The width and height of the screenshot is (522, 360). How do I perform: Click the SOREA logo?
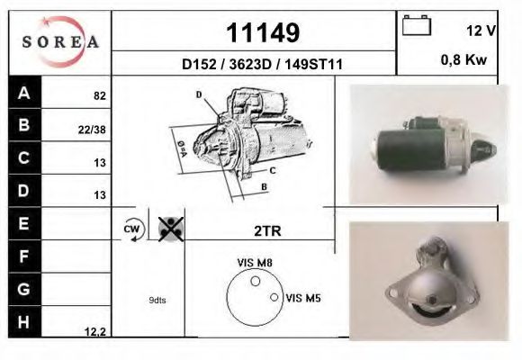59,42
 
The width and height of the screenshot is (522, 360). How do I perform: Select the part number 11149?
262,33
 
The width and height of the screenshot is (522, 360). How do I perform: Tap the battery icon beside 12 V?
417,26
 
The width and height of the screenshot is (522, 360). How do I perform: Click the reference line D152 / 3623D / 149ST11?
262,65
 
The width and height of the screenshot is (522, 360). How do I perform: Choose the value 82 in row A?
99,94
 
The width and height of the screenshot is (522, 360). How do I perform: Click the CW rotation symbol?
130,229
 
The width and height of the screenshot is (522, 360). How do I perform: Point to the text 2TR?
267,230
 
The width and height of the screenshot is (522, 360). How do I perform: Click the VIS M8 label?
254,263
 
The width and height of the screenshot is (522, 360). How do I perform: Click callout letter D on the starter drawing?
198,94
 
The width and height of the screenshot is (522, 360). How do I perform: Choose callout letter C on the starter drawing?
272,169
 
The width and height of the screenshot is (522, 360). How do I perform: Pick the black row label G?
23,290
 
